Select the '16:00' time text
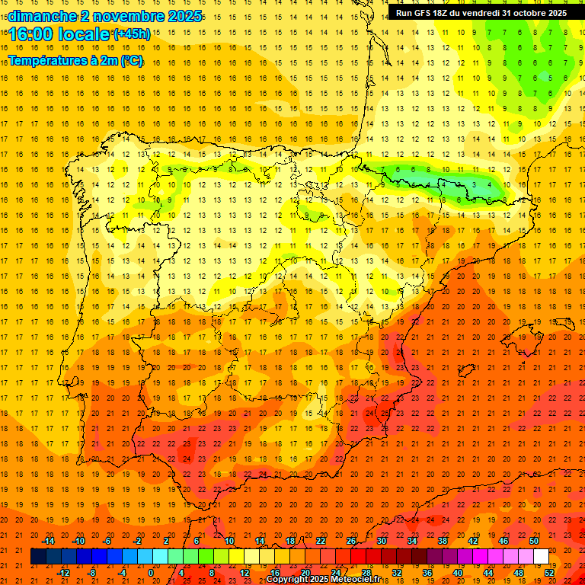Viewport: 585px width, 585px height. coord(30,34)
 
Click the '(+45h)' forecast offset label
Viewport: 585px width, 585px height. coord(131,34)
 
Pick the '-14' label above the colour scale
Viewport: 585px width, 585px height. coord(48,541)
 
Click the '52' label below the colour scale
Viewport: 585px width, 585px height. coord(549,573)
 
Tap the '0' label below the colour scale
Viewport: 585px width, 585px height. coord(151,573)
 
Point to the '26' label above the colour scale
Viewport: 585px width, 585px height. coord(351,541)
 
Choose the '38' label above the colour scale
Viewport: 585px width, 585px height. coord(443,541)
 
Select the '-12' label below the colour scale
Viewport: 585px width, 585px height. coord(63,573)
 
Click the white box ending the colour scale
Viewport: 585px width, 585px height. coord(542,557)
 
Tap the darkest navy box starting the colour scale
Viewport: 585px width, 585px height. coord(38,557)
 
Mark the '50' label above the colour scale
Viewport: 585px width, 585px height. coord(534,541)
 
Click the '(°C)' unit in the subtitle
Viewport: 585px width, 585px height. coord(130,60)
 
